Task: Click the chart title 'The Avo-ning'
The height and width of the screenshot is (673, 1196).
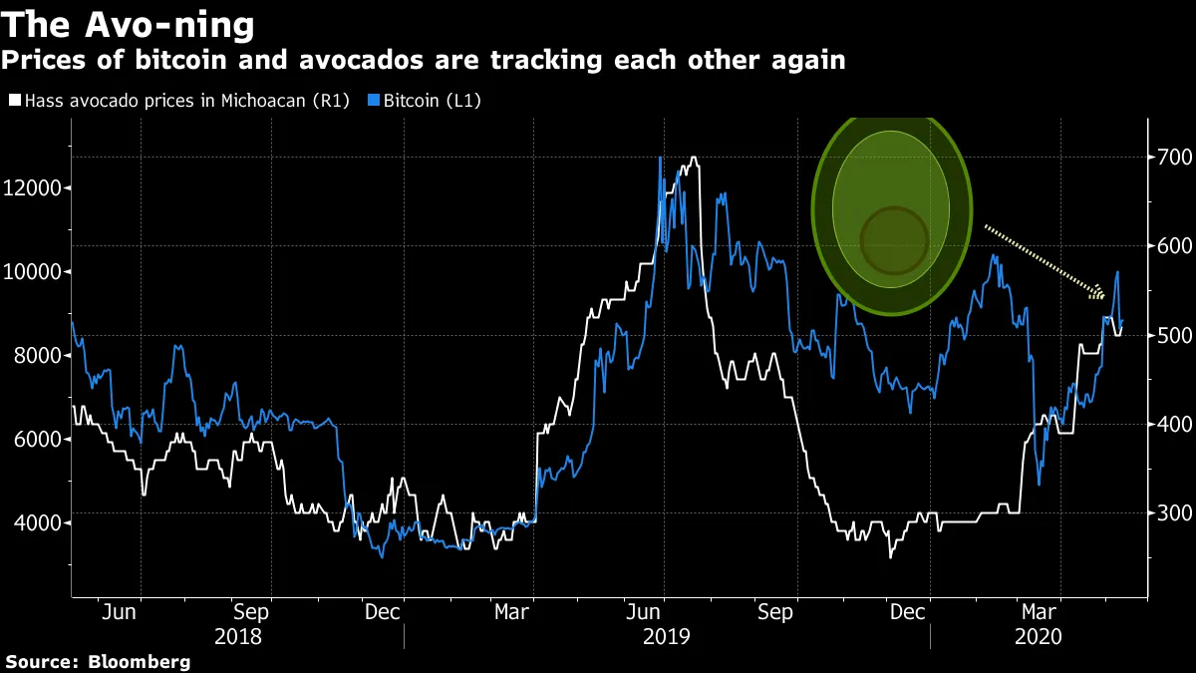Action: (x=128, y=23)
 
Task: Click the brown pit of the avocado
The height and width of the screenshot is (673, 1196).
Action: (x=894, y=240)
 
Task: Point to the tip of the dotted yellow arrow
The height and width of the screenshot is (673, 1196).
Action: (x=1102, y=296)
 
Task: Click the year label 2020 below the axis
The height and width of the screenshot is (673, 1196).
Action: (x=1038, y=636)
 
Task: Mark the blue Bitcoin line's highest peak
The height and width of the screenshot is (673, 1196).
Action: (x=661, y=158)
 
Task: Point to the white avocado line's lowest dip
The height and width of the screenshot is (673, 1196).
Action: (x=889, y=556)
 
